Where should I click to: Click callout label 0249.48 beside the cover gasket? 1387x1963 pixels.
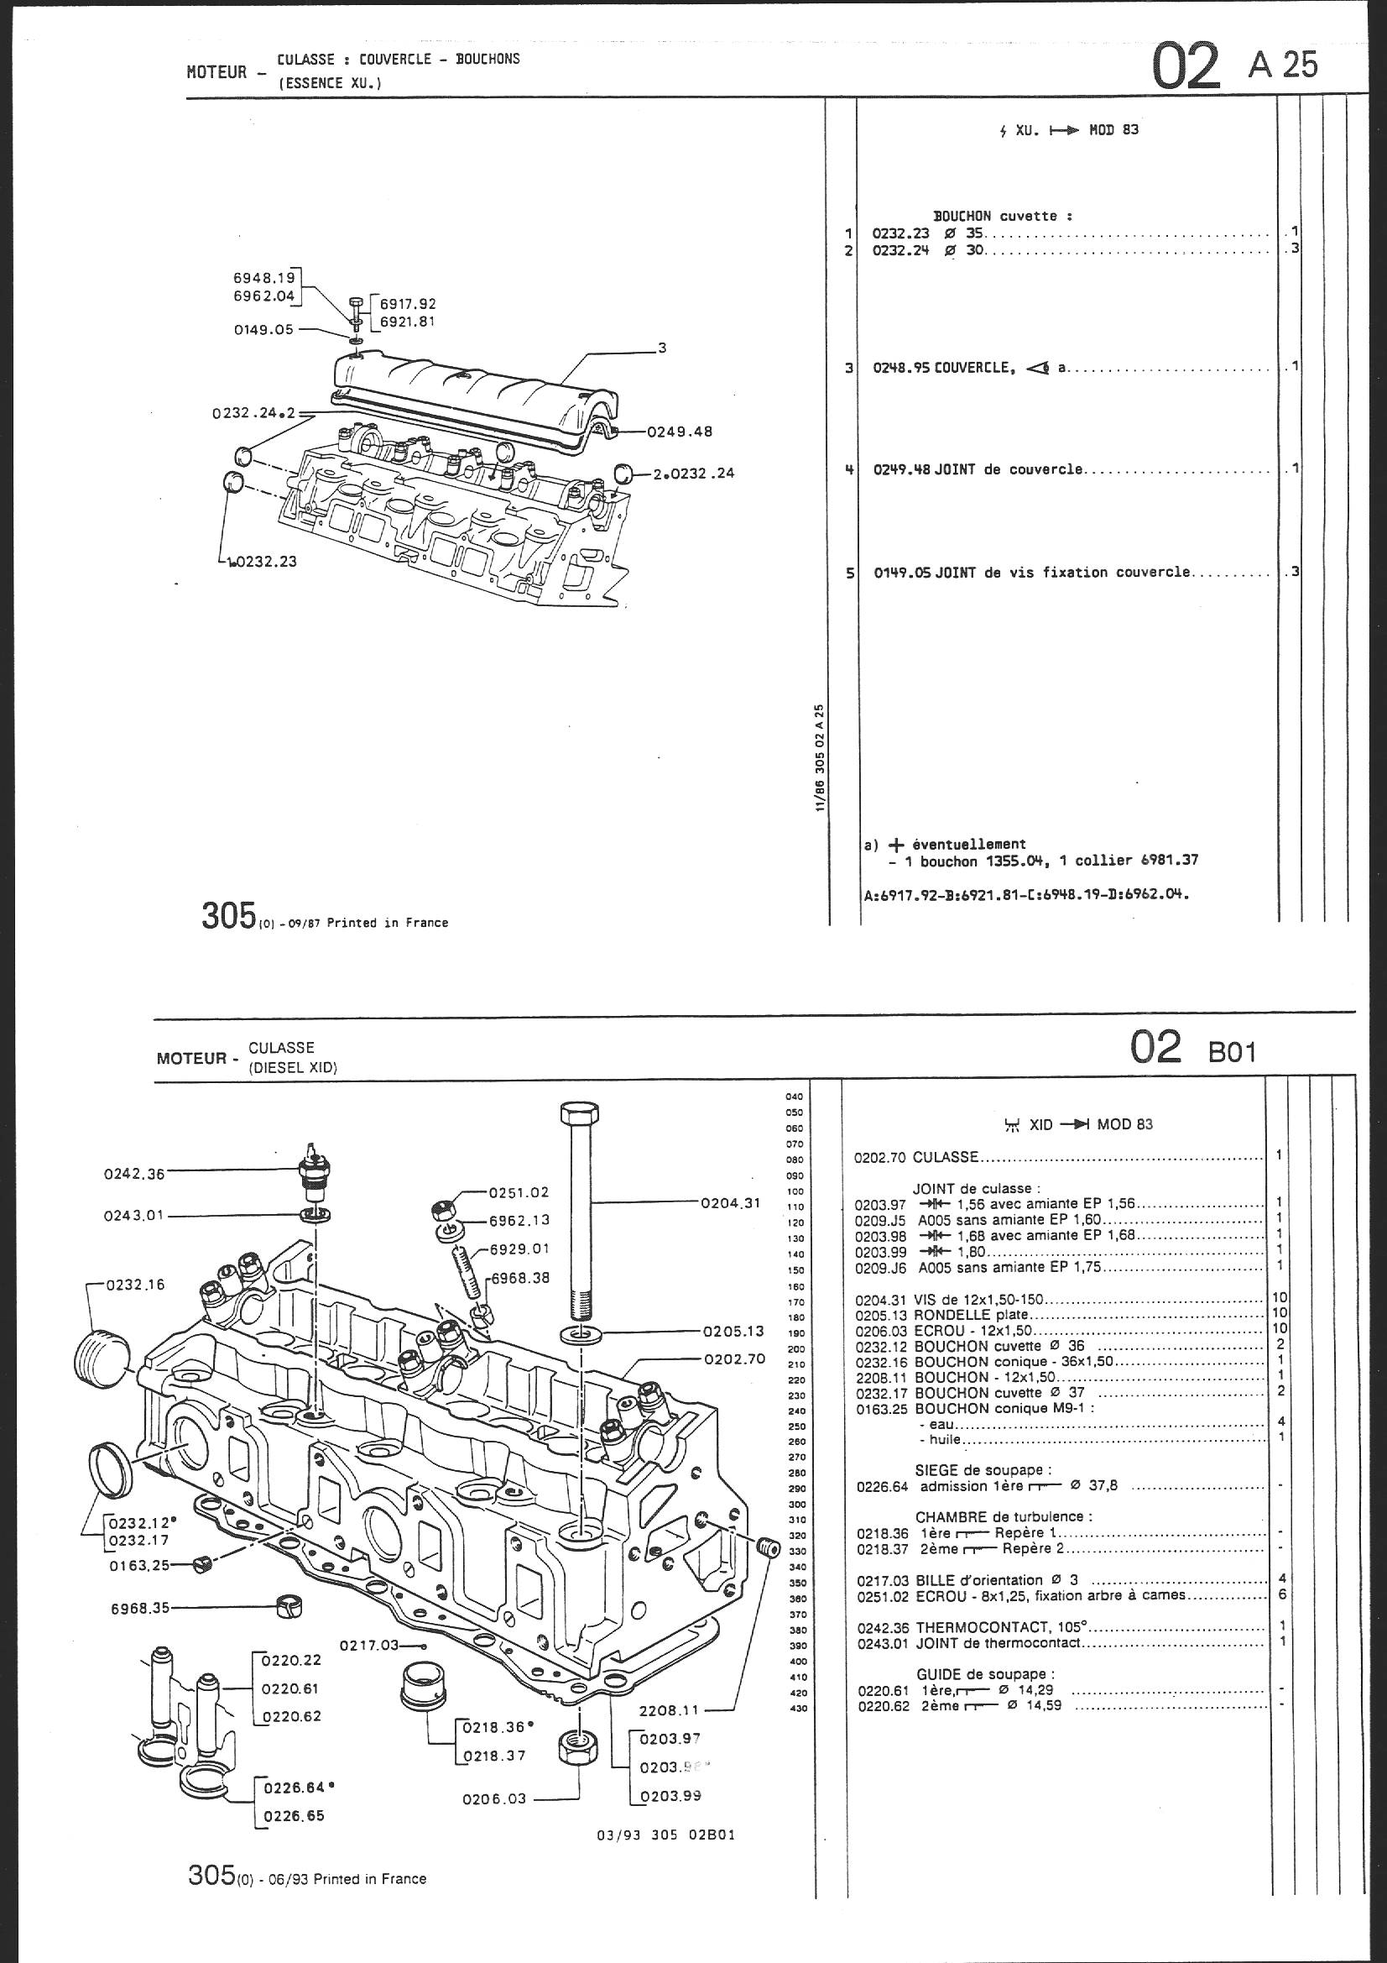click(680, 432)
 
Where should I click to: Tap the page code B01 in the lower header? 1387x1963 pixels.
click(1233, 1050)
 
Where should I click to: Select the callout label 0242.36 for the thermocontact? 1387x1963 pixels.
click(133, 1174)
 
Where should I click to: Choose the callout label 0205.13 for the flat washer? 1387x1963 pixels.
click(733, 1331)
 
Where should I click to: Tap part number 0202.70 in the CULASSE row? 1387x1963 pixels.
click(881, 1157)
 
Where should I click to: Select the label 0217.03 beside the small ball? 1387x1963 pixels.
click(369, 1644)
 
